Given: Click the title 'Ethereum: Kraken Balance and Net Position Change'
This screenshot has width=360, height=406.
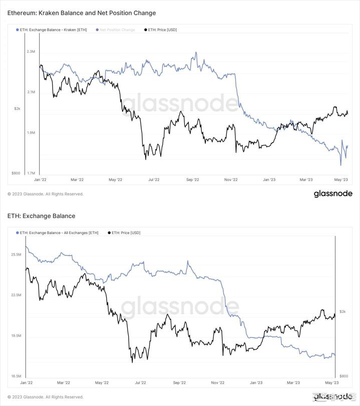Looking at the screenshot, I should (82, 13).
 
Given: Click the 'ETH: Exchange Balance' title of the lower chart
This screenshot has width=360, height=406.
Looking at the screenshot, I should (42, 216).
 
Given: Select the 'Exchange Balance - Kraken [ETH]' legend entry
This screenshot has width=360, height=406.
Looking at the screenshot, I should (53, 30).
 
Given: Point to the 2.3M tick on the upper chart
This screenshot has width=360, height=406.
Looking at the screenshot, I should (31, 52).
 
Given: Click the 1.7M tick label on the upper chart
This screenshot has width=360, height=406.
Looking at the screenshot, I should (31, 173).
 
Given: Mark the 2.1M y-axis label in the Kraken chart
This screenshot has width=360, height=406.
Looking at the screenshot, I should (31, 92).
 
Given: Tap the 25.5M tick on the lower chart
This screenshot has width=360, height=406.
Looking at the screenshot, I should (16, 255).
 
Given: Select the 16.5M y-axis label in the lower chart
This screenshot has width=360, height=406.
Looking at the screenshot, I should (16, 376).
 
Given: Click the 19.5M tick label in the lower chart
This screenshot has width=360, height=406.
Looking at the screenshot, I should (16, 336).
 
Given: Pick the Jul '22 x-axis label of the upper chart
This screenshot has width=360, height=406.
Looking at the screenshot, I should (153, 179).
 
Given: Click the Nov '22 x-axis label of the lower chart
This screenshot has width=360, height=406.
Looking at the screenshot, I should (217, 382).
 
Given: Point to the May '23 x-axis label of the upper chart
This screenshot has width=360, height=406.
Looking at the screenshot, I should (341, 179).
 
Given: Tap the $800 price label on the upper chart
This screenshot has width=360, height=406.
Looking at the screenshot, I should (16, 173).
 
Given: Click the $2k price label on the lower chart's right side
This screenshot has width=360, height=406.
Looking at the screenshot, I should (342, 312).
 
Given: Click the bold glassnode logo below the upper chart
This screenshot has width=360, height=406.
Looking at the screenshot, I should (333, 194).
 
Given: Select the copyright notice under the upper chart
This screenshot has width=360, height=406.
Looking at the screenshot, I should (46, 194).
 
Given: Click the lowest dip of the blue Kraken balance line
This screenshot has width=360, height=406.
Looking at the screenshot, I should (340, 164).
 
